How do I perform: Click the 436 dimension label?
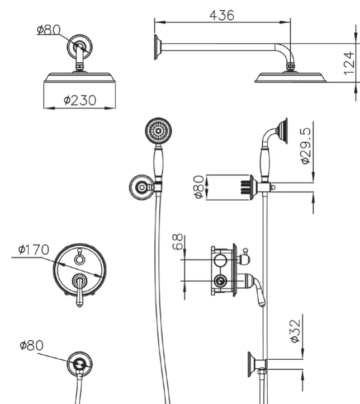(x=222, y=16)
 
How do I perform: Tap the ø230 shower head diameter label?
(x=80, y=100)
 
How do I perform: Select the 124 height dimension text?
(x=349, y=63)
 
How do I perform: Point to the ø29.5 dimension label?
(x=306, y=145)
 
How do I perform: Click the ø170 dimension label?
(x=34, y=250)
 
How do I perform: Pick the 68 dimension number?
(x=178, y=242)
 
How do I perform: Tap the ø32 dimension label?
(x=295, y=331)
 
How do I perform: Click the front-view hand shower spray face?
(x=158, y=130)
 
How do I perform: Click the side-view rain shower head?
(x=291, y=78)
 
